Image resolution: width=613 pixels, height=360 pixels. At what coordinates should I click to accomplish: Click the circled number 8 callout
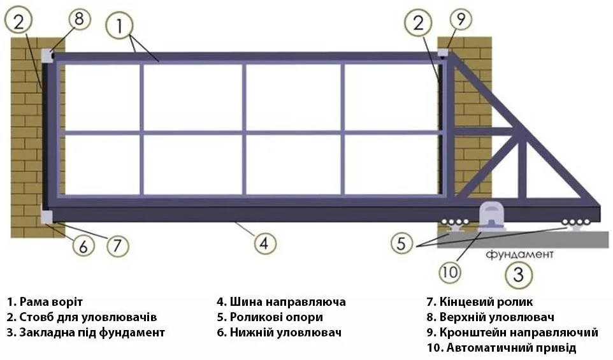click(80, 19)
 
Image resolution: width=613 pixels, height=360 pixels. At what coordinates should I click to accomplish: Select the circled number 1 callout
click(120, 26)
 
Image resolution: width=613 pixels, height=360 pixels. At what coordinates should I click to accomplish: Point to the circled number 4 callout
click(265, 243)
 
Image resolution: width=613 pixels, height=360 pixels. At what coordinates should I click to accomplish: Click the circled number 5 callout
click(402, 243)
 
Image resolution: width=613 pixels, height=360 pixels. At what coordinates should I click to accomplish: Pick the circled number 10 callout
click(450, 271)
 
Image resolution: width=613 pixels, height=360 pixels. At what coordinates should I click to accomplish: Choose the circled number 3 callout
click(519, 275)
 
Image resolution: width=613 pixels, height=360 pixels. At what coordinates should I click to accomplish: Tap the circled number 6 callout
click(83, 246)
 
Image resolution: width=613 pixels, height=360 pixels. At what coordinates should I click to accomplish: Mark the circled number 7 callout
click(117, 245)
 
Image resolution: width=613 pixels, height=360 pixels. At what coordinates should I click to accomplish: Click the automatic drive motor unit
click(491, 215)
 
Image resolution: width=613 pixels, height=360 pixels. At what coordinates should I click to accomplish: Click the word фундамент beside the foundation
click(519, 255)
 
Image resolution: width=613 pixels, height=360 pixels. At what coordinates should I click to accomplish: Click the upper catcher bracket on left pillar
click(47, 56)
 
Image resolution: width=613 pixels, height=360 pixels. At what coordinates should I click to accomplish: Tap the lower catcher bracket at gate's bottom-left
click(47, 217)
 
